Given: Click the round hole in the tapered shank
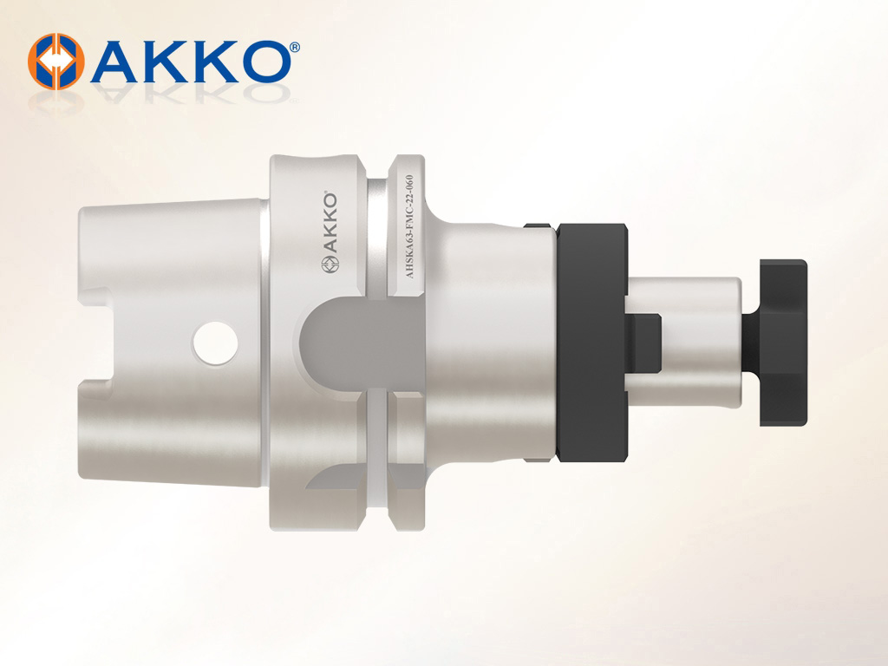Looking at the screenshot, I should tap(215, 342).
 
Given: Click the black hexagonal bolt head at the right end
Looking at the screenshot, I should tap(783, 343).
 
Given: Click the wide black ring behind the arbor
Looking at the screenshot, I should tap(591, 342).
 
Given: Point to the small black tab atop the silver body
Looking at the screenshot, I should tap(538, 225).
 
